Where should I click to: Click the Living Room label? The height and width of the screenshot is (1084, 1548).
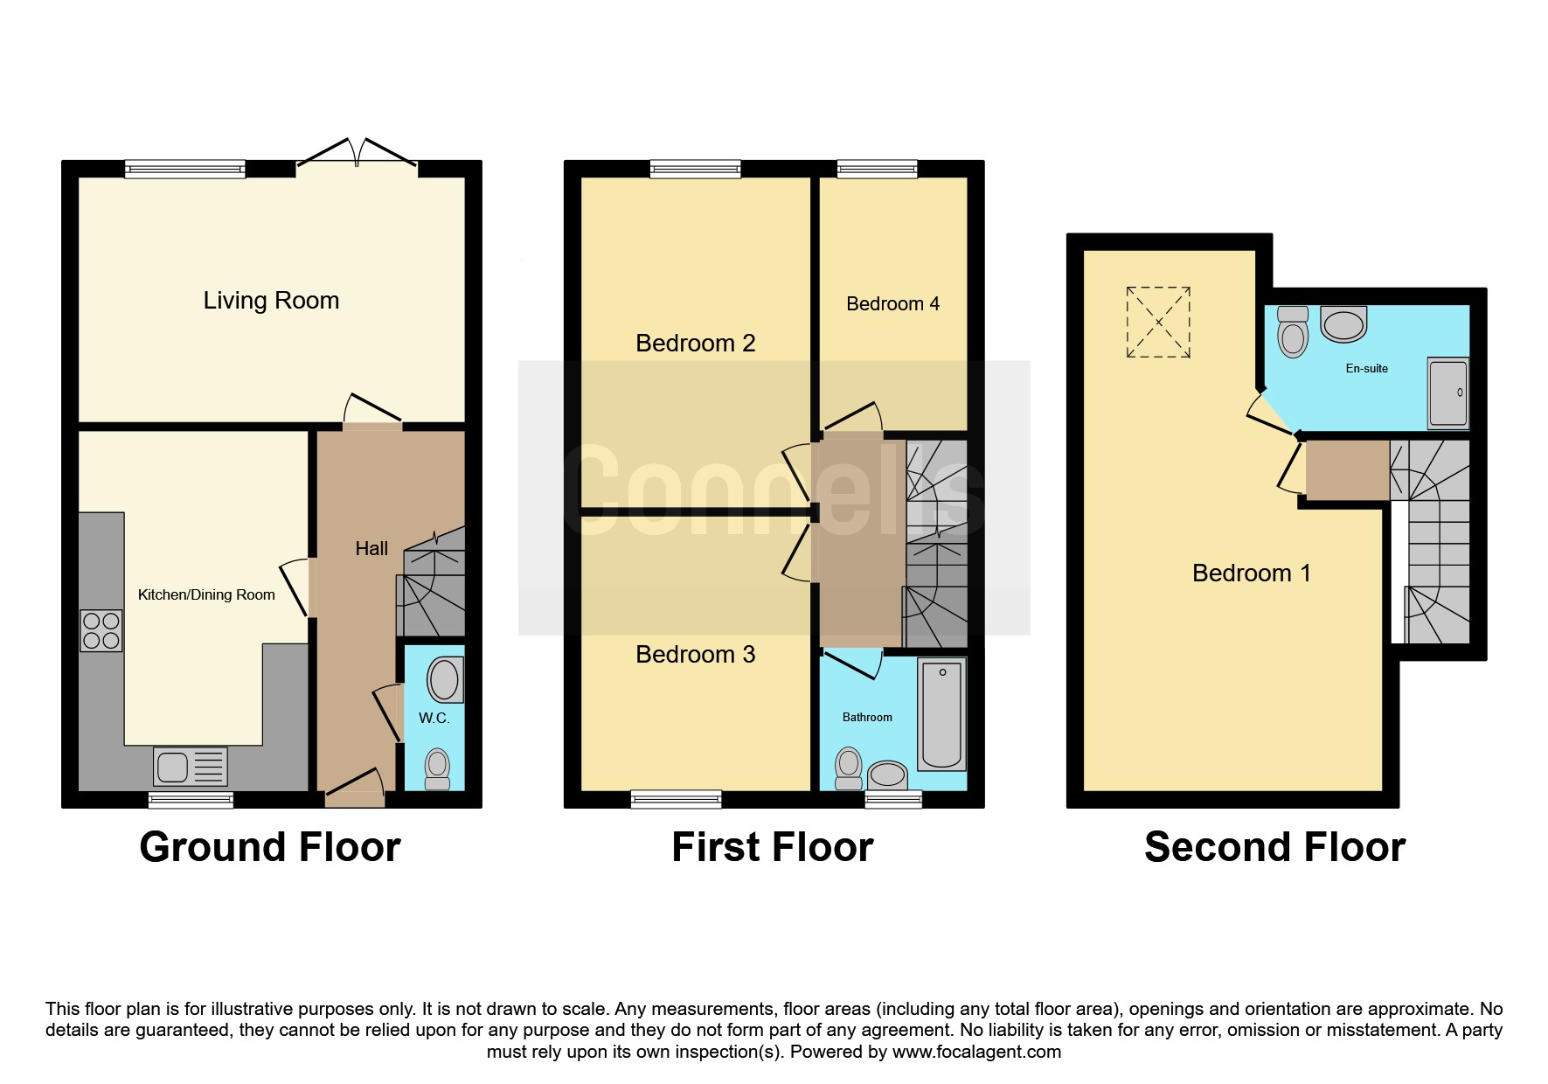pos(271,301)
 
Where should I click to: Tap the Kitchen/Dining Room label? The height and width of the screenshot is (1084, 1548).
pos(206,594)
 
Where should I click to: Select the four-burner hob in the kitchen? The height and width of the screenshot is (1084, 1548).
pos(101,631)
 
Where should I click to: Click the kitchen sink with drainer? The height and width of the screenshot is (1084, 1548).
pos(191,767)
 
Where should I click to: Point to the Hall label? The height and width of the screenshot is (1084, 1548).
pos(371,549)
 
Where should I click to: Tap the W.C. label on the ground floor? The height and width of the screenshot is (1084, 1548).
pos(434,719)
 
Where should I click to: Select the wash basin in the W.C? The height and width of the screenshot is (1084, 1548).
pos(445,678)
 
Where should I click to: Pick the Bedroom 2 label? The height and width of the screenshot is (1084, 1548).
pos(696,344)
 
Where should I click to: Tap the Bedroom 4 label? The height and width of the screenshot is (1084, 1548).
pos(893,304)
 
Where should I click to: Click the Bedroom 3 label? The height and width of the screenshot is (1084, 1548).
pos(696,655)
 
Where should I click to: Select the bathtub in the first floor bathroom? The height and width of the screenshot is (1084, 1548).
pos(941,714)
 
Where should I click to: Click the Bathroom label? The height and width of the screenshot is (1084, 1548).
pos(867,718)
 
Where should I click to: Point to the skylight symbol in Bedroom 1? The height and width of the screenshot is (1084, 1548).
pos(1158,322)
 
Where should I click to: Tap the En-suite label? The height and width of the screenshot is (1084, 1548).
pos(1367,369)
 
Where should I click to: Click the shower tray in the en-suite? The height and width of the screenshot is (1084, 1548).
pos(1448,393)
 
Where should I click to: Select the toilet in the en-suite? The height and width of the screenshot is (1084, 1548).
pos(1293,331)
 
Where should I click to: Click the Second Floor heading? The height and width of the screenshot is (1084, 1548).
pos(1275,847)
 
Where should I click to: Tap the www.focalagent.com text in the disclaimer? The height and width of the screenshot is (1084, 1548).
pos(976,1052)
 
